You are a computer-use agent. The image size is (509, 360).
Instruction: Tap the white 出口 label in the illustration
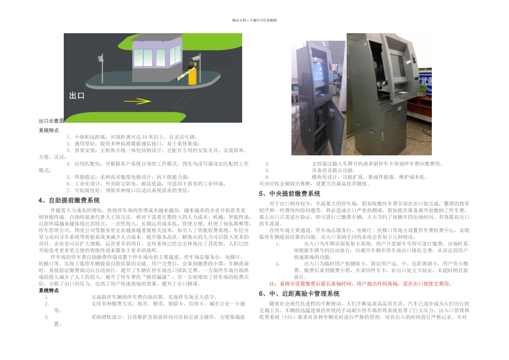coord(77,96)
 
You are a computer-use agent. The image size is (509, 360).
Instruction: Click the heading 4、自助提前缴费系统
coord(69,200)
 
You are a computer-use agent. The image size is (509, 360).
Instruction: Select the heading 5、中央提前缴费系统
coord(289,193)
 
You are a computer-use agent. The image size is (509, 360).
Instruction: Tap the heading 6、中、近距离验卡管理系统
coord(299,294)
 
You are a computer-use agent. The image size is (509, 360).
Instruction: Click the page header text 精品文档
coord(254,20)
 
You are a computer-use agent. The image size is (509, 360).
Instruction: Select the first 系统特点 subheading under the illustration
coord(49,130)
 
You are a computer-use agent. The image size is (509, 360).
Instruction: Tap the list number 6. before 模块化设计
coord(267,177)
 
